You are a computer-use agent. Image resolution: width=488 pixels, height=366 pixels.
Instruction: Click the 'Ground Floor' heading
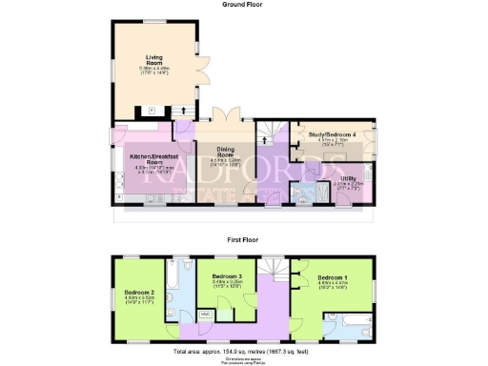244,4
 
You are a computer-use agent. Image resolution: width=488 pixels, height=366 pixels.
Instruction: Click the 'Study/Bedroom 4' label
333,135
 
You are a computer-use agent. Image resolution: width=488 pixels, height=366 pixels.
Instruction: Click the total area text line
244,351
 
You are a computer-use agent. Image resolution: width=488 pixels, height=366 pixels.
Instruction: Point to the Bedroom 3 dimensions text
227,283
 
